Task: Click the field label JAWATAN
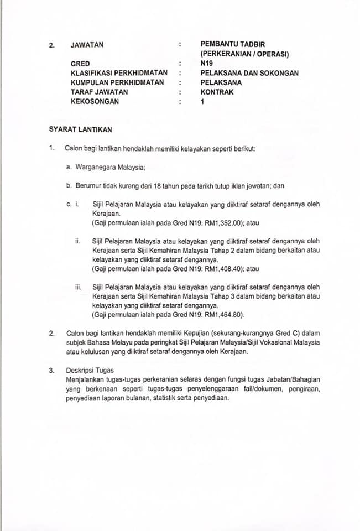pos(87,45)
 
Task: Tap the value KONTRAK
pos(217,92)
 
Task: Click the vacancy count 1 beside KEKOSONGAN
pos(202,102)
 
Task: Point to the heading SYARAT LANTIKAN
pos(80,129)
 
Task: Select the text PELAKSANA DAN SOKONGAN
pos(249,73)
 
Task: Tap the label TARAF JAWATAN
pos(99,92)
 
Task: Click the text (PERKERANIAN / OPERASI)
pos(246,54)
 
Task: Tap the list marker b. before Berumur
pos(69,186)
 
